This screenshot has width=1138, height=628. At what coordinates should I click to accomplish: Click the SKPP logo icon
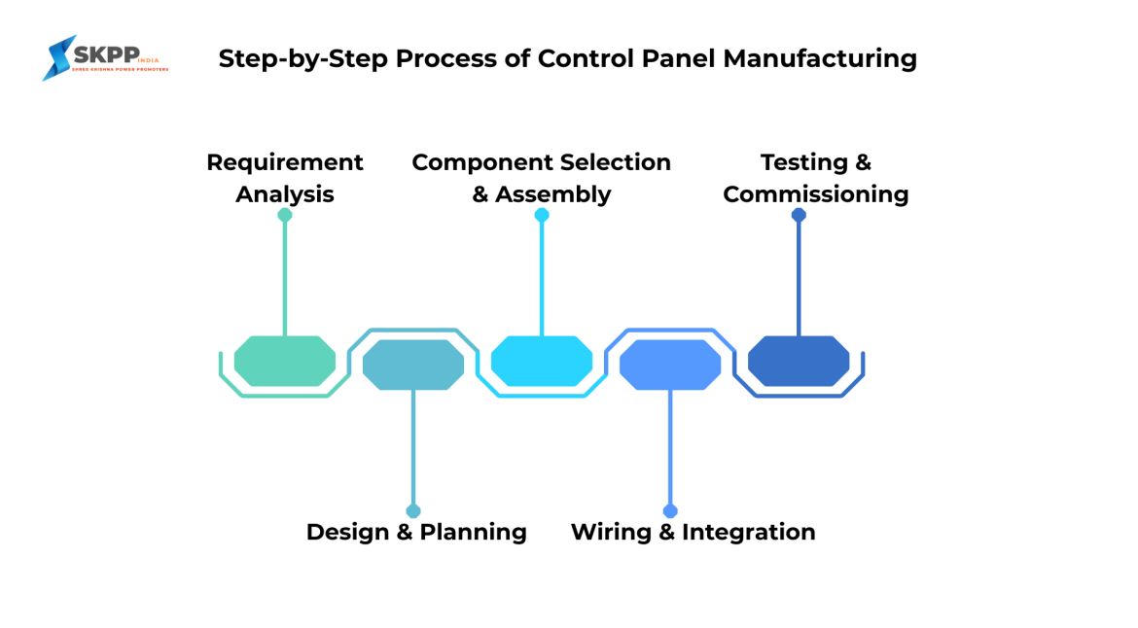(60, 58)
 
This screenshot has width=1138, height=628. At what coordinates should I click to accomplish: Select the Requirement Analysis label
(285, 178)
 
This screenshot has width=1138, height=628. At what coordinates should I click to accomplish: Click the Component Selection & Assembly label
(541, 178)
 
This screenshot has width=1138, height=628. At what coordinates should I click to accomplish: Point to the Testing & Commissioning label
(815, 178)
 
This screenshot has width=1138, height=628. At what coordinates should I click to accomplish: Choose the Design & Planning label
(416, 532)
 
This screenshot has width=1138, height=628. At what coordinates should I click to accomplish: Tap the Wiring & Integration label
(693, 532)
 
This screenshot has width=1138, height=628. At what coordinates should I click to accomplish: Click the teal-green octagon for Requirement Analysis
(285, 362)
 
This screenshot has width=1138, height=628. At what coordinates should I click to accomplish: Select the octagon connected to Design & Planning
(413, 365)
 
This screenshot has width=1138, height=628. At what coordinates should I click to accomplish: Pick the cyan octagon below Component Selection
(542, 362)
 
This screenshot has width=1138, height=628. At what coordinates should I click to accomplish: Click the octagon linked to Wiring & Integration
(670, 365)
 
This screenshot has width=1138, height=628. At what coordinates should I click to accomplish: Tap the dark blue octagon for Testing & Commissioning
(799, 362)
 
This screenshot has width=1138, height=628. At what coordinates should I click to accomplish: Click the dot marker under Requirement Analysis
(285, 215)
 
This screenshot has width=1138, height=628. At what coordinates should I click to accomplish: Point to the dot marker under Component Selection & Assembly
(542, 215)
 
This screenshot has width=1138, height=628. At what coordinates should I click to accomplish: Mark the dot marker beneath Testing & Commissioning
(799, 215)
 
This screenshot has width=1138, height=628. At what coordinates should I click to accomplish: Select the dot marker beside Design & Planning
(413, 511)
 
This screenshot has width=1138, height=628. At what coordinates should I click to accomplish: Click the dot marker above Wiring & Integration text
(670, 511)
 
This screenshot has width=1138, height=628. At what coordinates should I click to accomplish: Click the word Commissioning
(815, 194)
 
